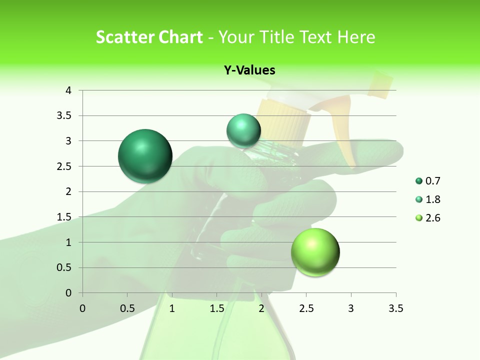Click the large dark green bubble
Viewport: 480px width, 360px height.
pyautogui.click(x=145, y=155)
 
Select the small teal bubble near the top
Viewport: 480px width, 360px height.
pyautogui.click(x=243, y=130)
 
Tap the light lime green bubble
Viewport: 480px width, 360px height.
pyautogui.click(x=315, y=252)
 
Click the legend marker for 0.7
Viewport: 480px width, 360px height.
pyautogui.click(x=418, y=181)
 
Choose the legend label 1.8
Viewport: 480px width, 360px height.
pyautogui.click(x=432, y=199)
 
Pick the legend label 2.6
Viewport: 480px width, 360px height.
pyautogui.click(x=432, y=218)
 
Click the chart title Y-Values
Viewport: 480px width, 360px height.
pyautogui.click(x=249, y=70)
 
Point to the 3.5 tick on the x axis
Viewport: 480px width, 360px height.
pyautogui.click(x=395, y=308)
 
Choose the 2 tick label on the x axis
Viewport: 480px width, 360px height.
pyautogui.click(x=261, y=308)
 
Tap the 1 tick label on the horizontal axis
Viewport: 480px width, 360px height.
pyautogui.click(x=172, y=308)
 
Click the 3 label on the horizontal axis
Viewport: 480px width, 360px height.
pyautogui.click(x=351, y=308)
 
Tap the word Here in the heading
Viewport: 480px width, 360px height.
pyautogui.click(x=356, y=36)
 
